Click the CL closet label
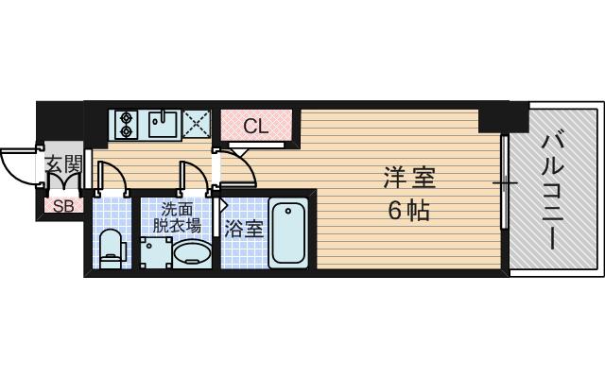[256, 126]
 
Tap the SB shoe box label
[63, 206]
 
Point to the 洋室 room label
[409, 178]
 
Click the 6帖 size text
[408, 211]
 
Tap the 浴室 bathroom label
[244, 229]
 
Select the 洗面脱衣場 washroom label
[177, 216]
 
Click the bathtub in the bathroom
[288, 233]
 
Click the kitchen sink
[164, 124]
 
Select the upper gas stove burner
[126, 117]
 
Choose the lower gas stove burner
[126, 132]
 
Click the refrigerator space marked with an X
[197, 124]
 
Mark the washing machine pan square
[156, 252]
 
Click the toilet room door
[112, 177]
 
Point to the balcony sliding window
[504, 181]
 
